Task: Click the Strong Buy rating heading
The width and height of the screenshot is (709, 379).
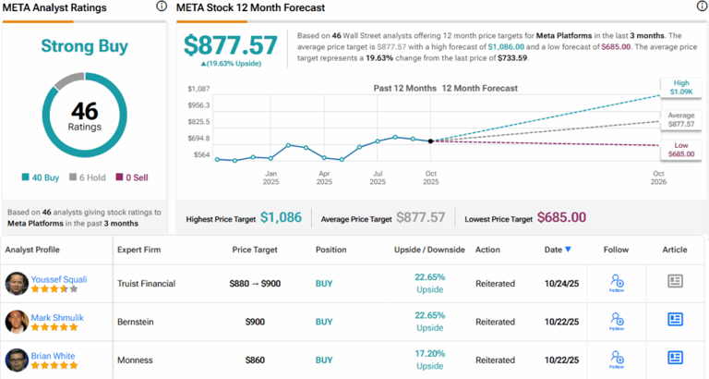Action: click(84, 45)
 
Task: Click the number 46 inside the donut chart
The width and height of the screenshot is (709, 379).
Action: click(84, 110)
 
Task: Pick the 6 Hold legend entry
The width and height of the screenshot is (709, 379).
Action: click(88, 177)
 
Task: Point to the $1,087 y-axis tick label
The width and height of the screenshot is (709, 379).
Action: click(198, 89)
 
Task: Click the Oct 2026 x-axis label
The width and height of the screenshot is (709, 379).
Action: click(658, 178)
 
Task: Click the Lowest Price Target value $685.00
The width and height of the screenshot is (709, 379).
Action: click(561, 217)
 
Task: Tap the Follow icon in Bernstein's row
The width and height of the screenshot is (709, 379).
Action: click(616, 320)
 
